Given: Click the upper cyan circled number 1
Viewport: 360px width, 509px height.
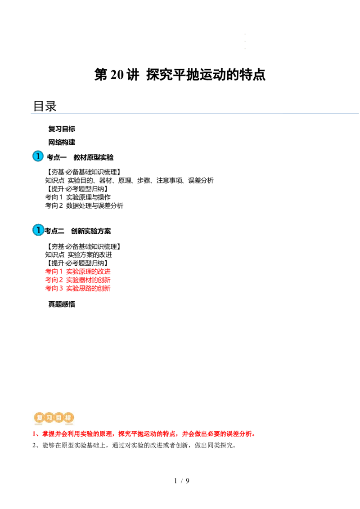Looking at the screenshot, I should pyautogui.click(x=38, y=156).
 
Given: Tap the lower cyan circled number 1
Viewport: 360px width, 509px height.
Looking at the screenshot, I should pyautogui.click(x=38, y=230).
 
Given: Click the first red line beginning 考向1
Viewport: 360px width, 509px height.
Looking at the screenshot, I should pyautogui.click(x=77, y=271).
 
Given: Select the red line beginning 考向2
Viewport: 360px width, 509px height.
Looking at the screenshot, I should pyautogui.click(x=77, y=280).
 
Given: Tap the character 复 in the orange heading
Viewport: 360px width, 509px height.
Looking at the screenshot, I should pyautogui.click(x=39, y=418).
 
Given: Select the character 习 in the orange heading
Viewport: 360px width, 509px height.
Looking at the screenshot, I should pyautogui.click(x=49, y=418).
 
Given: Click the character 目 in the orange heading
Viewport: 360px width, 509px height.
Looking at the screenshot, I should pyautogui.click(x=58, y=418).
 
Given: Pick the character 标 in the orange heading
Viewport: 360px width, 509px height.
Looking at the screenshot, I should pyautogui.click(x=68, y=418).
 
